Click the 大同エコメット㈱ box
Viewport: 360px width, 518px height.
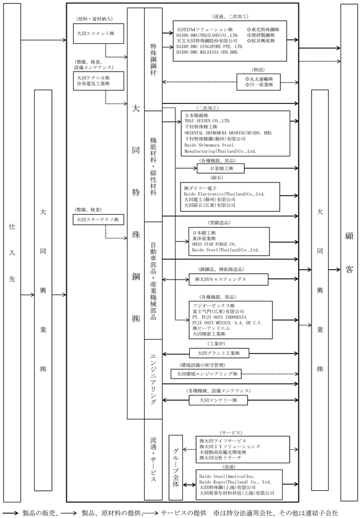98,33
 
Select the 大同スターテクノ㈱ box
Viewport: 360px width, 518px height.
98,219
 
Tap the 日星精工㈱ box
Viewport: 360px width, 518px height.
221,169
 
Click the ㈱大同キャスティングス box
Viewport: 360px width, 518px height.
228,280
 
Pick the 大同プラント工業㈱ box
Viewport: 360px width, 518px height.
219,353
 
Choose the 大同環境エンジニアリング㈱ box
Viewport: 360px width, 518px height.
206,374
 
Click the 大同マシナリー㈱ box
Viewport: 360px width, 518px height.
218,400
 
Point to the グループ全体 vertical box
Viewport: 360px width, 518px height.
175,467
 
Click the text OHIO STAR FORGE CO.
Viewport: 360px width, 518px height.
214,244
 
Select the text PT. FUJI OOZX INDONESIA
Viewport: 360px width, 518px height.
219,317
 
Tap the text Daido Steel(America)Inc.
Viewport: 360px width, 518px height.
227,476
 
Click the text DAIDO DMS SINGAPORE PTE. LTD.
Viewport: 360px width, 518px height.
209,47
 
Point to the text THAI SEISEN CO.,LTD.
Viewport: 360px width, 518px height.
207,121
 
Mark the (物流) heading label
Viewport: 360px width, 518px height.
258,70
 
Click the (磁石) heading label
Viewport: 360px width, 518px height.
217,178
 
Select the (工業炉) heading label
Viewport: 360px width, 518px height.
216,344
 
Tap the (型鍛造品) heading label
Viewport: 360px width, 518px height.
219,223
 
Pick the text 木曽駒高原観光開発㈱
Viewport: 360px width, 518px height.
223,452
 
